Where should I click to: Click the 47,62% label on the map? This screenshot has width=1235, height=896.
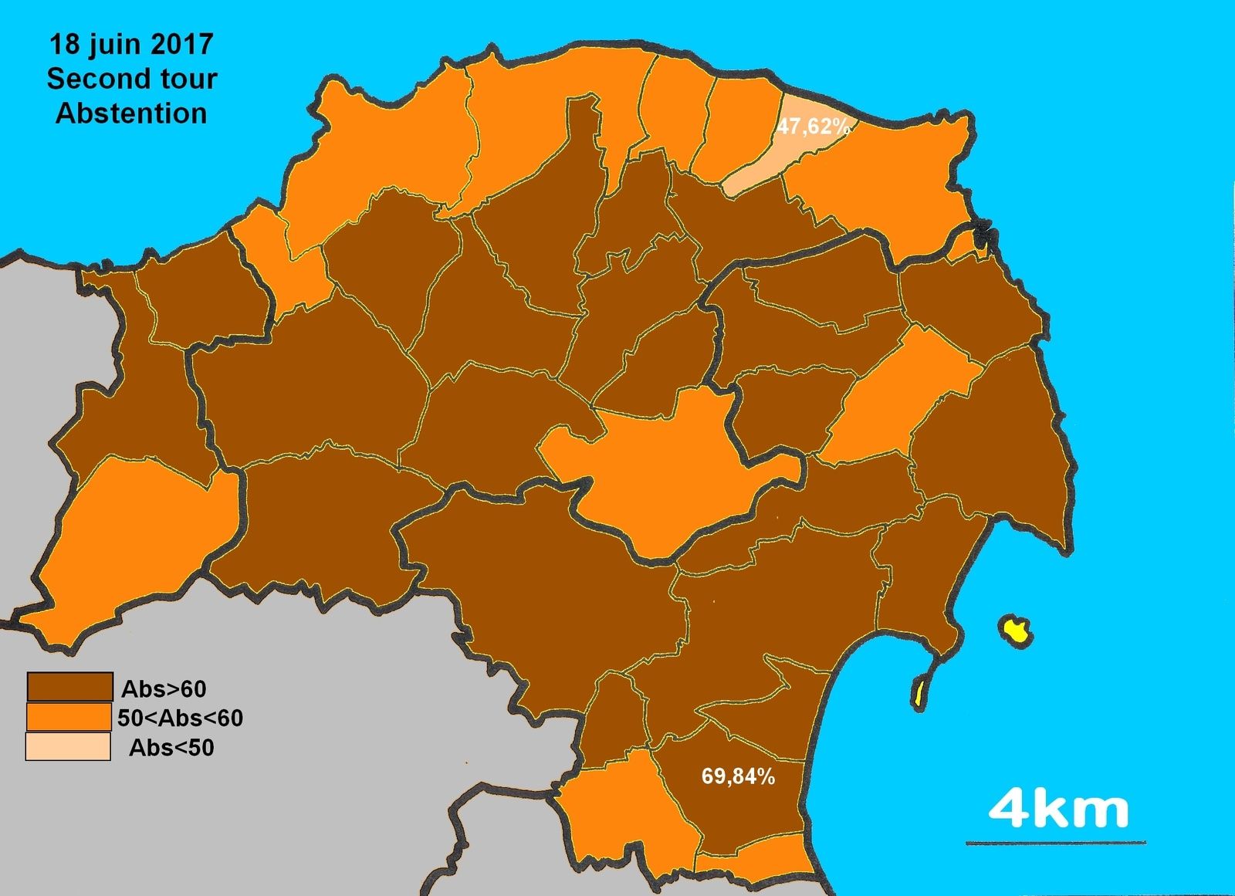pos(813,127)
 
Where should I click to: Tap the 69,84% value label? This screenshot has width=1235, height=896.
pos(738,776)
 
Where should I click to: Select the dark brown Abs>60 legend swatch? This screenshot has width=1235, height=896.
pos(69,686)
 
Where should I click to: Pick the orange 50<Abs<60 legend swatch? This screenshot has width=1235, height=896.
pos(69,717)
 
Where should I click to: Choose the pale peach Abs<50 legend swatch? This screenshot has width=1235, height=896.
pos(68,747)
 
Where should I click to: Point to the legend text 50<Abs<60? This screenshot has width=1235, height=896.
pos(180,718)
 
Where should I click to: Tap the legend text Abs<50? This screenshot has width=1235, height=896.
pos(171,748)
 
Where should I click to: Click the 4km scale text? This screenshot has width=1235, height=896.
pos(1057,809)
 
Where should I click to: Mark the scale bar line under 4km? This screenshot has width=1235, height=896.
pos(1055,843)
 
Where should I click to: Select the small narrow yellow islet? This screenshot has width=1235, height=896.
pos(920,691)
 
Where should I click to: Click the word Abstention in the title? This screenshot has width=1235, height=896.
pos(131,113)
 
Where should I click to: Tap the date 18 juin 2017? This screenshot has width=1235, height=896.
pos(131,44)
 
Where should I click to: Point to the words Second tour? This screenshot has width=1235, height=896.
pos(131,79)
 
